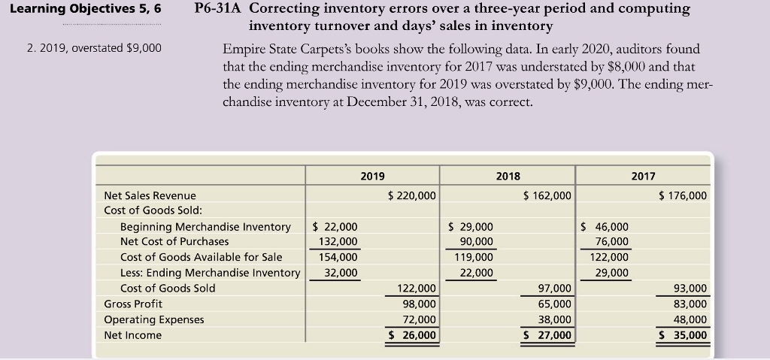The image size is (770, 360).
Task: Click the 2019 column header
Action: [x=372, y=176]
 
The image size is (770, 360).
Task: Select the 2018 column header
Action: [x=508, y=176]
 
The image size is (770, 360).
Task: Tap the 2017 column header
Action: [x=643, y=176]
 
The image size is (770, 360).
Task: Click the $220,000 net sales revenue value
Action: [x=411, y=195]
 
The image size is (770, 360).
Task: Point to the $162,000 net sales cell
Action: [x=547, y=195]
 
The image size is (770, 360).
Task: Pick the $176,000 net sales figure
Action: [x=682, y=195]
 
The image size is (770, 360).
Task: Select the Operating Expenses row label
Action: [x=153, y=319]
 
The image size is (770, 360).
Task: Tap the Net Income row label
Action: [x=132, y=335]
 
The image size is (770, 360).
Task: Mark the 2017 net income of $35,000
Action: [x=683, y=335]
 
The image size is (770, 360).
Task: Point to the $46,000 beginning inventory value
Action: [x=606, y=226]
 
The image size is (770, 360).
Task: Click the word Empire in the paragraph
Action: [x=244, y=49]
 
